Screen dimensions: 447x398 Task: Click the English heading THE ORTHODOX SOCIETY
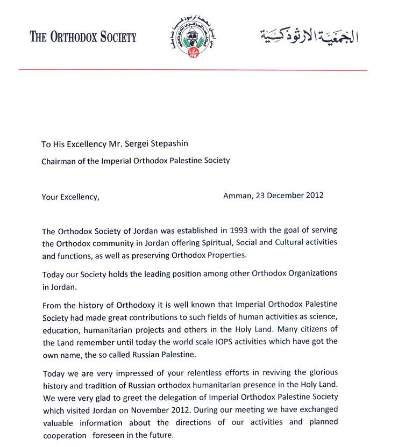pyautogui.click(x=83, y=37)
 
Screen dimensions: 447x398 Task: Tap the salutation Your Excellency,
pyautogui.click(x=70, y=197)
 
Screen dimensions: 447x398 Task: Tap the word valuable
pyautogui.click(x=58, y=422)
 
